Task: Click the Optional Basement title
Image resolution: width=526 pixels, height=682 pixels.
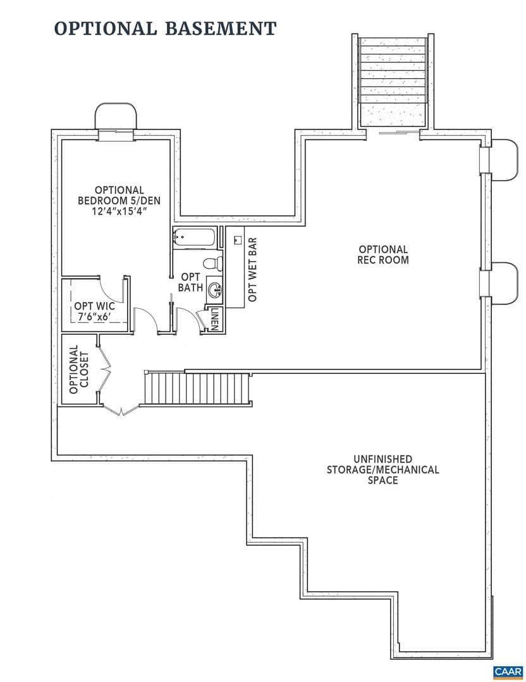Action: pos(166,28)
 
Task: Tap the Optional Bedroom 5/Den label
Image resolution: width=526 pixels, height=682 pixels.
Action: pos(119,195)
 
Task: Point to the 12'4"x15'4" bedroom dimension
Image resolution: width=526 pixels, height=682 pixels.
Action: pos(119,212)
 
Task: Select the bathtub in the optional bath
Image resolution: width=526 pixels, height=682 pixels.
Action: pos(194,238)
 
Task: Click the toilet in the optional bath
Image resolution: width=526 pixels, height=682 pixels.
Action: pos(212,263)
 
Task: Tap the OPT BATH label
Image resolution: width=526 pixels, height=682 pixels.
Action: pos(191,282)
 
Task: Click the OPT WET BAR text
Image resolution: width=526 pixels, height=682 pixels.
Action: pos(252,269)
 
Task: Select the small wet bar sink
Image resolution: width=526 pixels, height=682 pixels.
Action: pos(238,240)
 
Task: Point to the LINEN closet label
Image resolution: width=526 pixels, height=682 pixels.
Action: pos(215,320)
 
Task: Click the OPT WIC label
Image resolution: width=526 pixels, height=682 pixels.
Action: pos(94,306)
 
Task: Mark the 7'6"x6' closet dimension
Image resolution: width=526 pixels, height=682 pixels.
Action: pos(94,317)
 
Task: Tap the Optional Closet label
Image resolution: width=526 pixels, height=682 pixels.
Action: pos(79,369)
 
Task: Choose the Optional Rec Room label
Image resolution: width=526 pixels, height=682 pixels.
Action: pos(383,254)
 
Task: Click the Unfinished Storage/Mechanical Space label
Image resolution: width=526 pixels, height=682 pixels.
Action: pos(382,469)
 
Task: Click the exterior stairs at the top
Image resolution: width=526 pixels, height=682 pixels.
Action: pos(393,81)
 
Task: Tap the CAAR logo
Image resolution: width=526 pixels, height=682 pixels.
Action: pos(508,671)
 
